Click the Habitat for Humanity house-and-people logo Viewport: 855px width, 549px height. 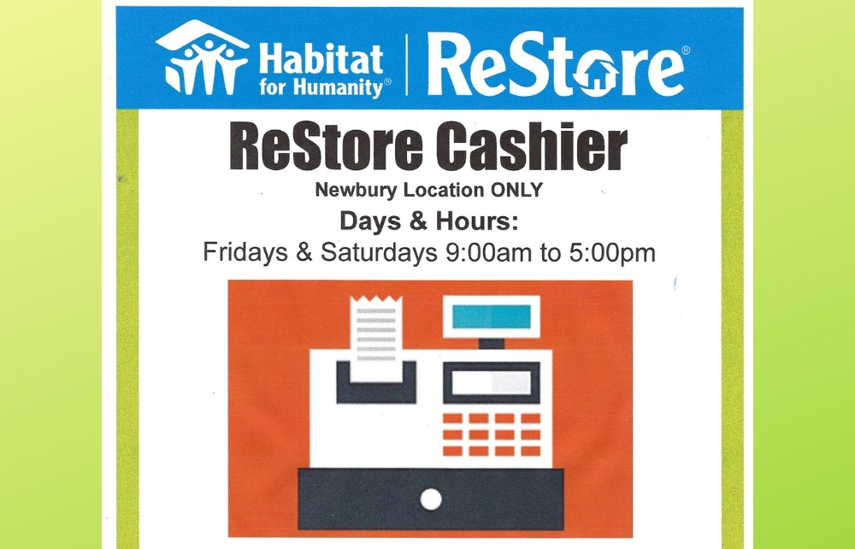pos(202,57)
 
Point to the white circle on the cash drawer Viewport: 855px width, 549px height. pos(431,498)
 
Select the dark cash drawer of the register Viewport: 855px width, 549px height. pos(431,496)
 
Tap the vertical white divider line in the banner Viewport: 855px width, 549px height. pos(407,63)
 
